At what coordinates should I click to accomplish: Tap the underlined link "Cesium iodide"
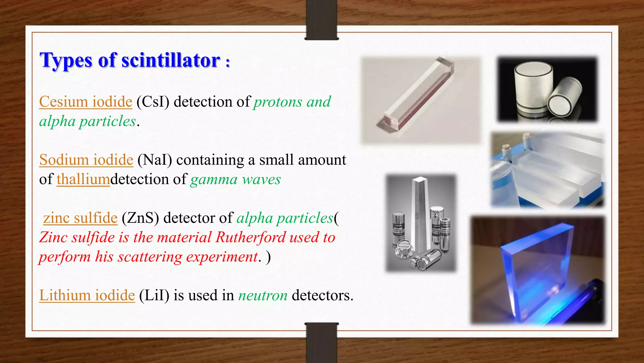(86, 102)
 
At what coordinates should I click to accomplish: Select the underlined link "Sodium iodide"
(86, 160)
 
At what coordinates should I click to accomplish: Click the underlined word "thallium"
(83, 179)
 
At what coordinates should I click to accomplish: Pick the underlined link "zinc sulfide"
(80, 218)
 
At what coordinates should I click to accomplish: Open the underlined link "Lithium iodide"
(87, 296)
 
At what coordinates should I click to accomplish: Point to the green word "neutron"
(263, 296)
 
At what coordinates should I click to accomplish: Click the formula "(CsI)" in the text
(153, 102)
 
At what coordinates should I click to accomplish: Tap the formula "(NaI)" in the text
(155, 160)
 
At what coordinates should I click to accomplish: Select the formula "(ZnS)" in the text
(140, 218)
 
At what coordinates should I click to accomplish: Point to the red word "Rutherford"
(250, 237)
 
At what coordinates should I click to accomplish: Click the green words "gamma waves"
(236, 179)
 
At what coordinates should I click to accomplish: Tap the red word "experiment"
(222, 257)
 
